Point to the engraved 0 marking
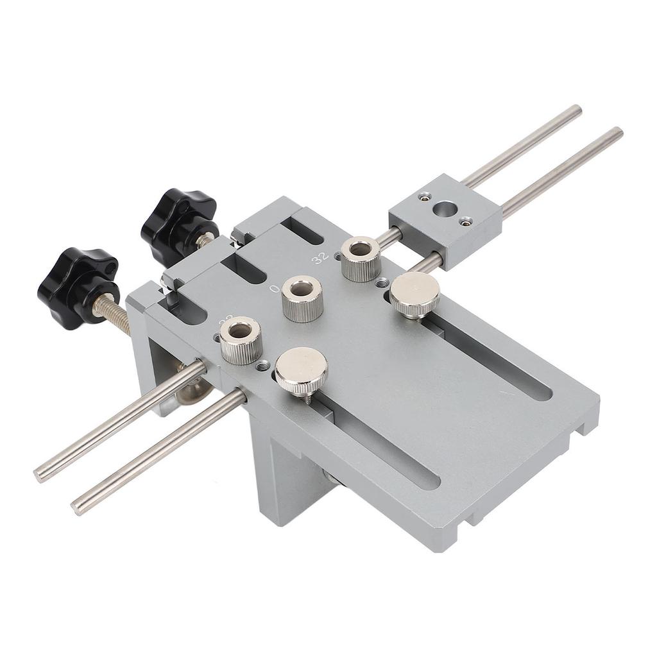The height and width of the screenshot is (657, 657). [275, 289]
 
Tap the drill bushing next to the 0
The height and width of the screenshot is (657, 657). [302, 298]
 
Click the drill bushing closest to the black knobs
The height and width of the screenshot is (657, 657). [241, 340]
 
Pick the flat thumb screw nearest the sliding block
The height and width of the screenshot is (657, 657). [415, 294]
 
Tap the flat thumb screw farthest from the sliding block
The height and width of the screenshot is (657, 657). [301, 370]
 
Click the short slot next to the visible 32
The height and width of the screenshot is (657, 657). [302, 230]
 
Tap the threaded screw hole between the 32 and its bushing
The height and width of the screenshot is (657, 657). [337, 255]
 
